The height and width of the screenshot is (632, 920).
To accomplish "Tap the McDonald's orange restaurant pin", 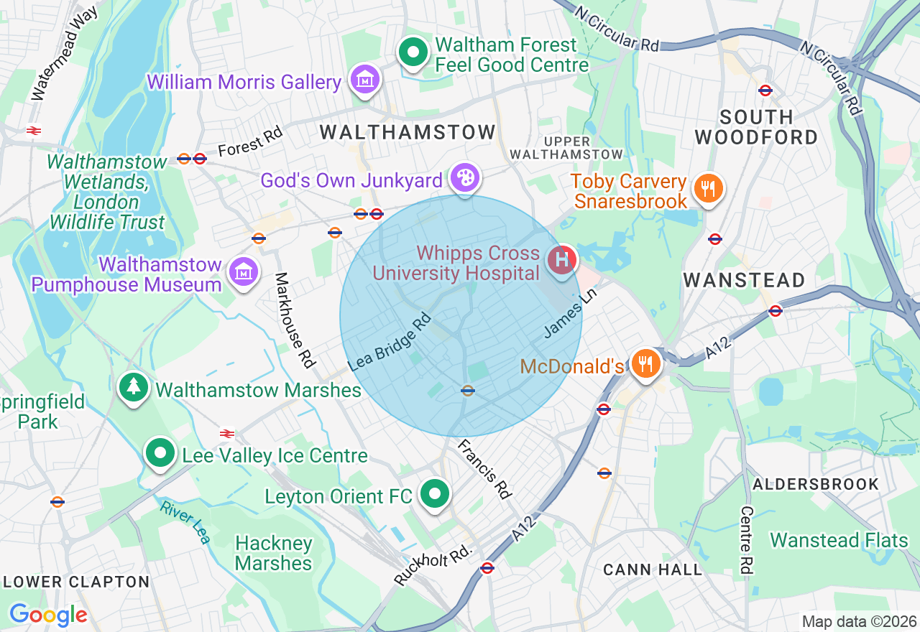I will pyautogui.click(x=646, y=363).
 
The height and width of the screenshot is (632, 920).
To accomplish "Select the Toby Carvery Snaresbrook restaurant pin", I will pyautogui.click(x=708, y=188).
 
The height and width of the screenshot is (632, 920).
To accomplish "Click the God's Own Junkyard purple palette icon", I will pyautogui.click(x=465, y=177).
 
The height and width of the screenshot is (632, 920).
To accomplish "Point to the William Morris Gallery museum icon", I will pyautogui.click(x=364, y=80).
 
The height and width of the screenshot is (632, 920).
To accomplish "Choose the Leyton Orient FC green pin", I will pyautogui.click(x=434, y=494).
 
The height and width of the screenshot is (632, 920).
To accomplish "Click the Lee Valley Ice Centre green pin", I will pyautogui.click(x=160, y=453).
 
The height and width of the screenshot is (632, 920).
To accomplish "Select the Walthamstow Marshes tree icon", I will pyautogui.click(x=133, y=387).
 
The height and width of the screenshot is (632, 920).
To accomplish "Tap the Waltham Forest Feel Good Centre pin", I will pyautogui.click(x=413, y=52).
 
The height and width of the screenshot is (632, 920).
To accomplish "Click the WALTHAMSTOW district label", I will pyautogui.click(x=408, y=132).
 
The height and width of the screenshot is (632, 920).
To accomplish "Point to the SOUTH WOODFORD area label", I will pyautogui.click(x=757, y=127).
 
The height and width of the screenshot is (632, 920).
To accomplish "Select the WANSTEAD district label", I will pyautogui.click(x=744, y=280).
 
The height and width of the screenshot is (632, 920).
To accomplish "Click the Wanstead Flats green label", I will pyautogui.click(x=839, y=540).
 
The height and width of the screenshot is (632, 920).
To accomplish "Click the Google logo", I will pyautogui.click(x=48, y=615).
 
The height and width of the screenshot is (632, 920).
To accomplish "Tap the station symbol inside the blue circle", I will pyautogui.click(x=468, y=390).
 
